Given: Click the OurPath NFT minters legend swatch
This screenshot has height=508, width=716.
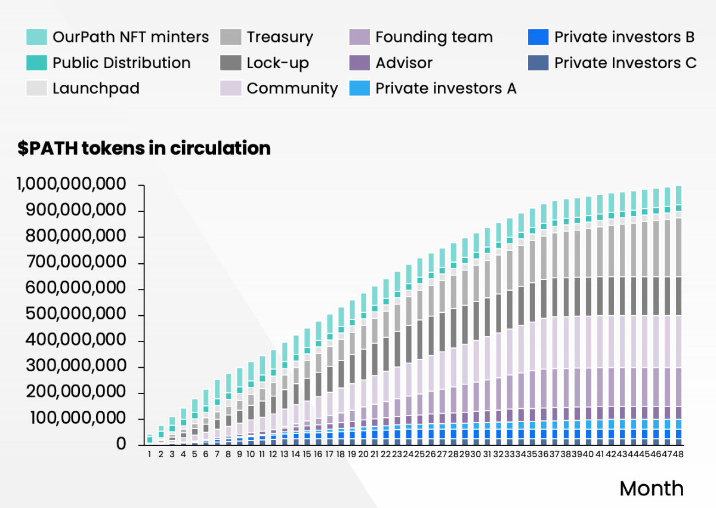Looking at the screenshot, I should tap(36, 37).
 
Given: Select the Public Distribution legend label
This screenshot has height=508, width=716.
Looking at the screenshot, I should tap(121, 63).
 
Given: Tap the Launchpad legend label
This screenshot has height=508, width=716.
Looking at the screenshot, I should tap(95, 88).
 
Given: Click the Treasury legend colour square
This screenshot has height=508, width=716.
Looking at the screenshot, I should tap(230, 37).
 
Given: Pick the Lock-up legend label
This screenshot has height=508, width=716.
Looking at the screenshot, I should tap(277, 63).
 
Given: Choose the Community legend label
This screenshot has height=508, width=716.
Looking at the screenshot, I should tap(292, 88).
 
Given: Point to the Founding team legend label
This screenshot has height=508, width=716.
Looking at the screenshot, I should tap(434, 37).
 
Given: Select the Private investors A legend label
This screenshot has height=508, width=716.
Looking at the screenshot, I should tap(445, 88).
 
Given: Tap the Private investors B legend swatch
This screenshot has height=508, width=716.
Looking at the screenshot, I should tap(538, 37).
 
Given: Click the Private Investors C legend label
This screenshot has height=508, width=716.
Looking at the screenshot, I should tap(625, 63).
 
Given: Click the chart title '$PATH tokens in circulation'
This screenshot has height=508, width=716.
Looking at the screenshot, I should tap(144, 148).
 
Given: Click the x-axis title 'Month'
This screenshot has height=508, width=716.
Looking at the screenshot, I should tap(652, 488).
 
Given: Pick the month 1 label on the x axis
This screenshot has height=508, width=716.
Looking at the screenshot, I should tap(150, 454).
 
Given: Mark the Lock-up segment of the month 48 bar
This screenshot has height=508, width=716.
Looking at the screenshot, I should tap(678, 296).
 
